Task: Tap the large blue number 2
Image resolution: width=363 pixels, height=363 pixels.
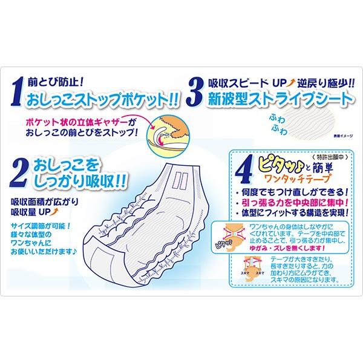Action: tap(19, 171)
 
